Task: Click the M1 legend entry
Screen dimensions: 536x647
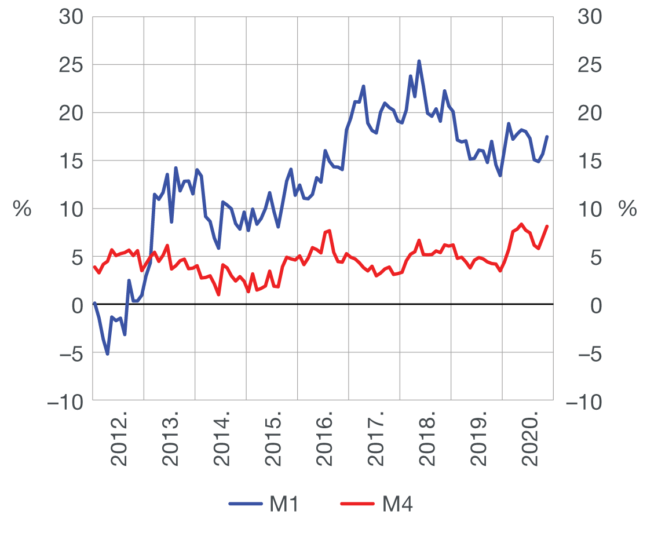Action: [264, 504]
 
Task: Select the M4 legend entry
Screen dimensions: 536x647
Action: [378, 504]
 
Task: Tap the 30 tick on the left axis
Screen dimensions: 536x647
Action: [71, 17]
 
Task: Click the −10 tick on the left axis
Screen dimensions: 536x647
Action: [65, 401]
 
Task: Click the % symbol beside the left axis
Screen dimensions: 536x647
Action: [22, 209]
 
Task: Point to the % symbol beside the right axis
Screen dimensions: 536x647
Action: [627, 209]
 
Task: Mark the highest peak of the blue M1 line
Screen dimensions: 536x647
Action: [419, 61]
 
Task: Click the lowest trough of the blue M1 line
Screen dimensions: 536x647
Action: [107, 353]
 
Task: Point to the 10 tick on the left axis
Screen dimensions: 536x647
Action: [71, 209]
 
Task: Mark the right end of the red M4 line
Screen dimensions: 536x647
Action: [547, 226]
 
